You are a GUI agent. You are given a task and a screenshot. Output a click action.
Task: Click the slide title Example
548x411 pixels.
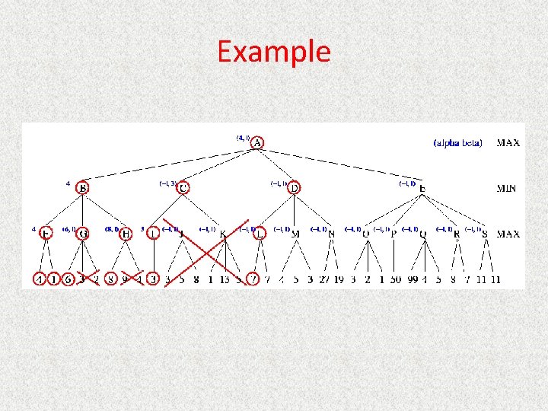click(x=274, y=52)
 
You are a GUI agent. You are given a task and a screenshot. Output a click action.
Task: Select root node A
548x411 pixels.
click(x=258, y=142)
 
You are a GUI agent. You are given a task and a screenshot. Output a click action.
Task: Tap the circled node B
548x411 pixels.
click(x=82, y=187)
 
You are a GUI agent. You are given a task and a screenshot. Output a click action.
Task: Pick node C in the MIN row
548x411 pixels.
click(x=183, y=187)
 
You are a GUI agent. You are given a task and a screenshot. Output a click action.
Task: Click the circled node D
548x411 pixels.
click(x=295, y=187)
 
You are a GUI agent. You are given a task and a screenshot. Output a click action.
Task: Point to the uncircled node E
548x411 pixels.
click(x=422, y=188)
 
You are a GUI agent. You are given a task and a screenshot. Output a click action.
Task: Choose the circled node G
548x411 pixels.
click(x=83, y=234)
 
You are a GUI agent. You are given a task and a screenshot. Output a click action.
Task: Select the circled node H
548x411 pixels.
click(x=126, y=234)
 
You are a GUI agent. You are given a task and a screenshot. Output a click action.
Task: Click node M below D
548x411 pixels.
click(x=295, y=234)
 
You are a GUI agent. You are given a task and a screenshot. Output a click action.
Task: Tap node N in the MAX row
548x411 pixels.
click(x=331, y=234)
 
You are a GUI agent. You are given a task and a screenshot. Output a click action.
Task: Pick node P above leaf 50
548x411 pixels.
click(x=393, y=234)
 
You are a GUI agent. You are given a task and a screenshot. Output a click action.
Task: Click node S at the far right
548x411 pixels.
click(x=485, y=234)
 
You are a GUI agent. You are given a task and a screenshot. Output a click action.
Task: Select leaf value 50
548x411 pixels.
click(x=395, y=279)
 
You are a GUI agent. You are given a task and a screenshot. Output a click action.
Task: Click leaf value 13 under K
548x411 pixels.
click(x=225, y=279)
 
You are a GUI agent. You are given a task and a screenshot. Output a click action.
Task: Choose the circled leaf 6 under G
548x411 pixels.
click(x=68, y=279)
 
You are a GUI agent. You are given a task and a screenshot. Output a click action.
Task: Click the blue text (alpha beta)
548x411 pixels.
click(x=457, y=142)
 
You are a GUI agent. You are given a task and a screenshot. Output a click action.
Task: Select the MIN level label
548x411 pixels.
click(x=508, y=188)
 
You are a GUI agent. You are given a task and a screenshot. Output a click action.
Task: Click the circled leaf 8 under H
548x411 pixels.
click(x=111, y=279)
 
